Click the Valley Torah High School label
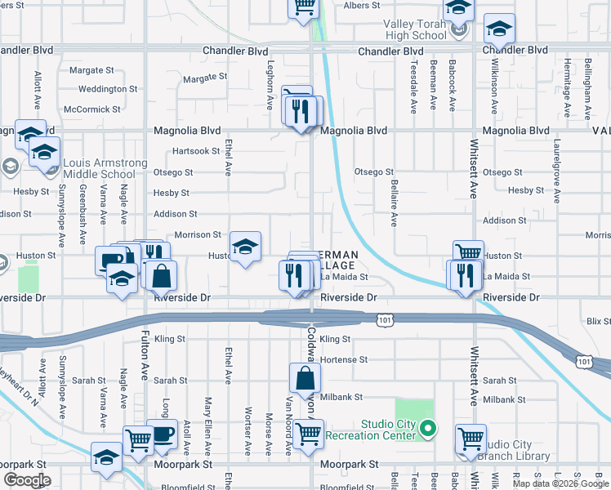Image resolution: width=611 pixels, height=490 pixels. coord(415,29)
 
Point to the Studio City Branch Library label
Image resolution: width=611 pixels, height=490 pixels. coord(520,450)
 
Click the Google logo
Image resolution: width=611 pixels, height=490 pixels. coord(28,480)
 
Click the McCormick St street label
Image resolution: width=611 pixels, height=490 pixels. coord(92,109)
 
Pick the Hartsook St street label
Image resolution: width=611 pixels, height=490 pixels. coord(196,151)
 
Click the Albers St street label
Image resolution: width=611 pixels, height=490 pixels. coord(363,6)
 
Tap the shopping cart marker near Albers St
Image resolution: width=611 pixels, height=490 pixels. coord(303,7)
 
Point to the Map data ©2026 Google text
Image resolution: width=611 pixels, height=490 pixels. coord(560,483)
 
